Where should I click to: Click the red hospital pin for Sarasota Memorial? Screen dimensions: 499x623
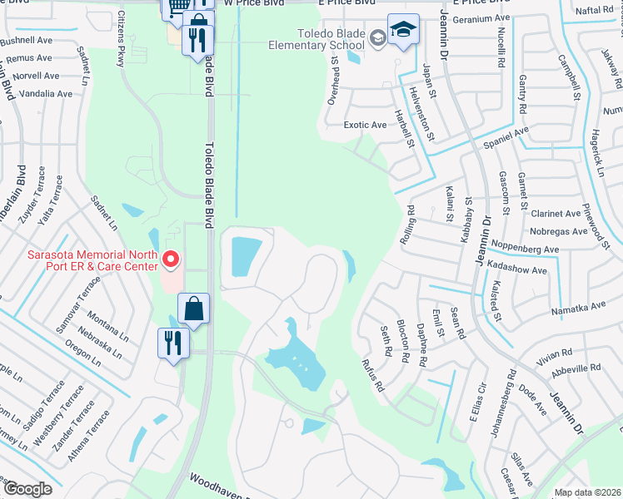[x=172, y=259]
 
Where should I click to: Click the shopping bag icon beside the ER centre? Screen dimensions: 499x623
[x=192, y=309]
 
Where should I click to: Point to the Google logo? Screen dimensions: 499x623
[x=27, y=489]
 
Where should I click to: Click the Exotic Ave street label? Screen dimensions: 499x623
[x=366, y=125]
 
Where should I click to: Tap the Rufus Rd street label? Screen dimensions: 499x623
[x=371, y=376]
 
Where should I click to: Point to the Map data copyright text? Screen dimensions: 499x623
[x=587, y=492]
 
